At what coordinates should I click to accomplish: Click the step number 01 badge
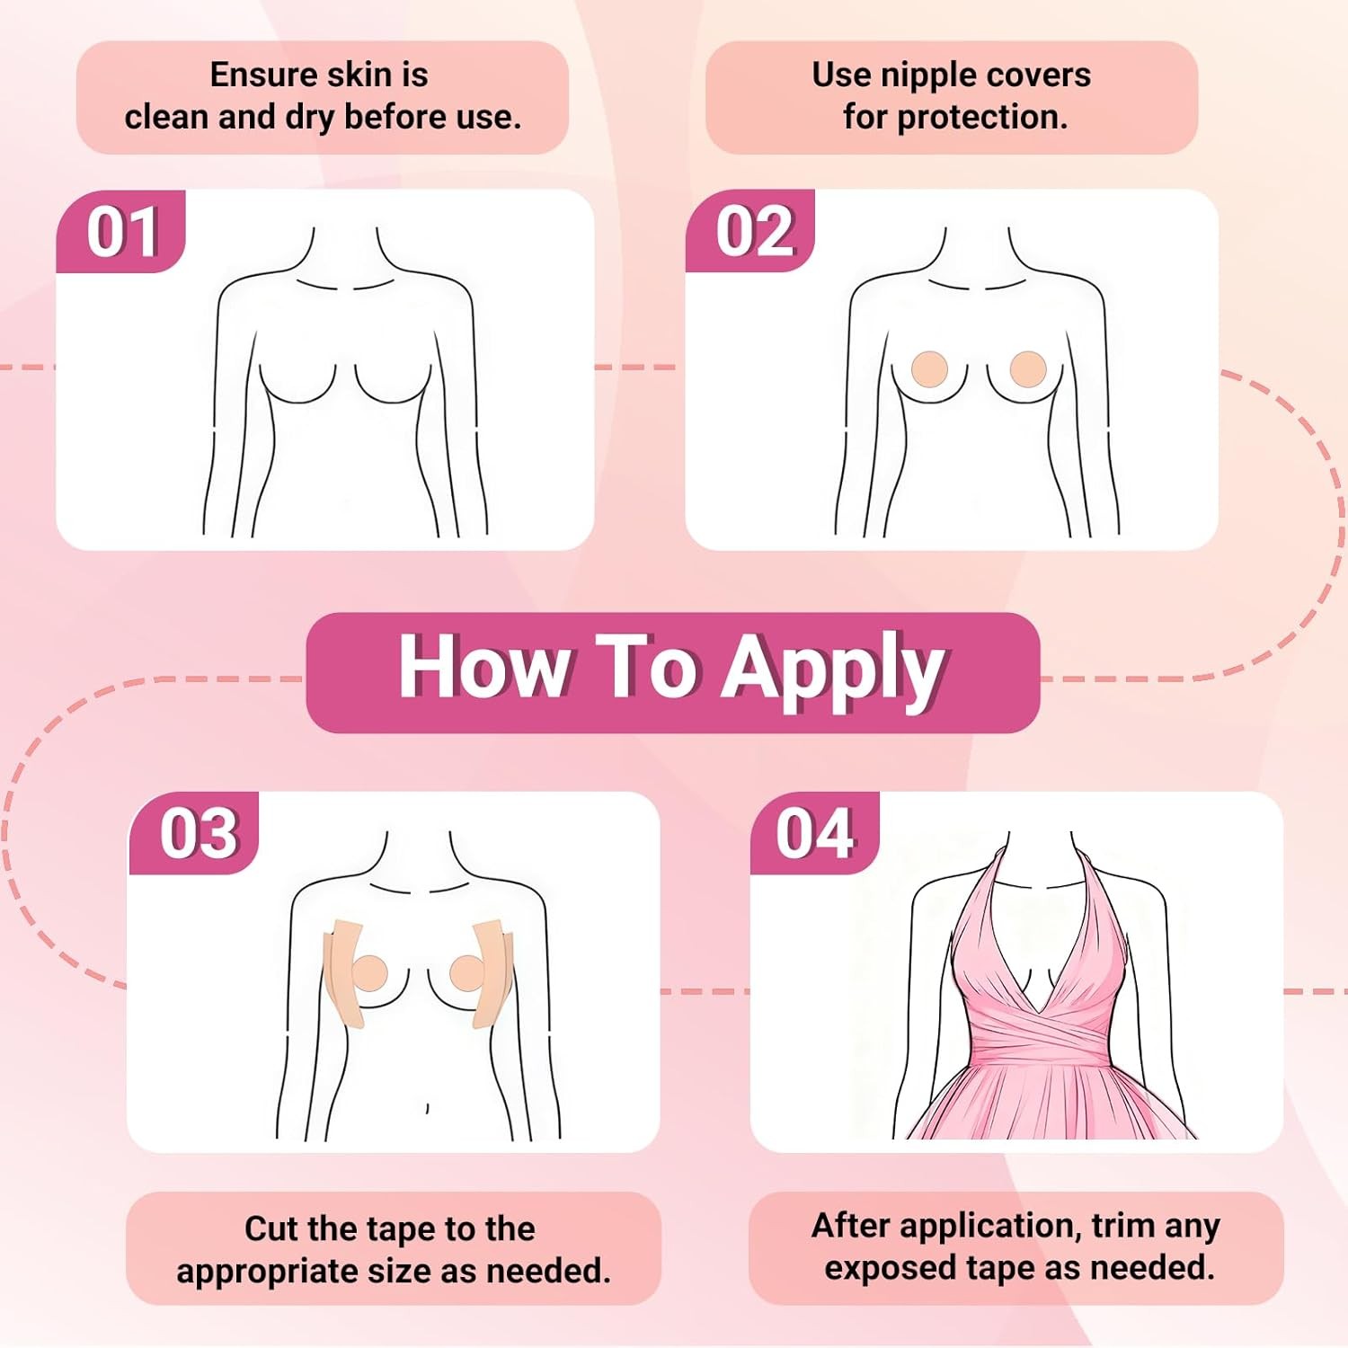[x=122, y=232]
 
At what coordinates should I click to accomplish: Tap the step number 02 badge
[x=753, y=232]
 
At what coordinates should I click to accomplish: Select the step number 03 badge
[x=198, y=833]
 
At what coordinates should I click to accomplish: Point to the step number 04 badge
[x=814, y=833]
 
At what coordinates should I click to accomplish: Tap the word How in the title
[x=483, y=667]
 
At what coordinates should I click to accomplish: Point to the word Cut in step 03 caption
[x=272, y=1228]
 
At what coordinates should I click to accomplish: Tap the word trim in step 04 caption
[x=1127, y=1225]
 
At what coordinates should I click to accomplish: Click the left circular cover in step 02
[x=929, y=368]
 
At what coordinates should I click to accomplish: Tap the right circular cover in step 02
[x=1027, y=368]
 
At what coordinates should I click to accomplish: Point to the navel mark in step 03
[x=427, y=1108]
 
